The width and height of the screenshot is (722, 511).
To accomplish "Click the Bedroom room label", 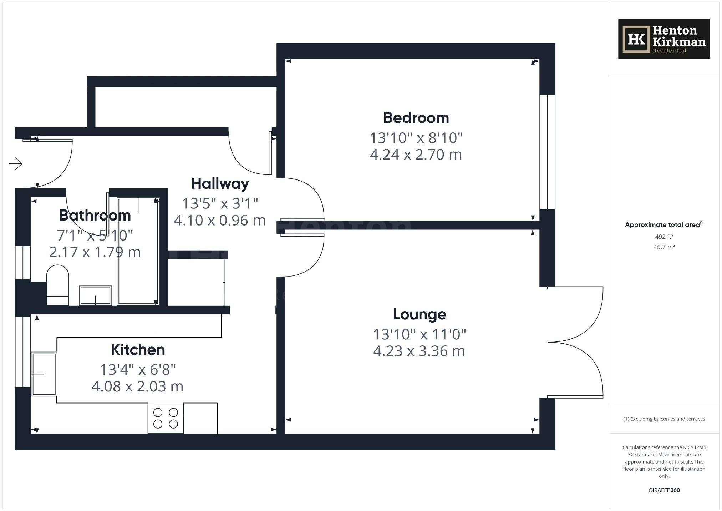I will tap(416, 118).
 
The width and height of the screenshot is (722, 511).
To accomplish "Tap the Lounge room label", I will tap(419, 314).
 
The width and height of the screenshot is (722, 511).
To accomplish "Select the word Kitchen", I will tap(138, 350).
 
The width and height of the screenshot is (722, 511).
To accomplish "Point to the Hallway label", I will tap(220, 184).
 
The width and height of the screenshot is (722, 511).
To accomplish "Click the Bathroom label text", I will tap(95, 216).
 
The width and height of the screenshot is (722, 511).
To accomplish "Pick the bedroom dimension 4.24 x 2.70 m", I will tap(416, 155).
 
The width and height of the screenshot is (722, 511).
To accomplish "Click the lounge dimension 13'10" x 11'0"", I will tap(419, 334).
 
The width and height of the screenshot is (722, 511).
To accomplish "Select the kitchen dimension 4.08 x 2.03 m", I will tap(137, 386).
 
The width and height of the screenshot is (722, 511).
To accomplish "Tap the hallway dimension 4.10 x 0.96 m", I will tap(220, 221).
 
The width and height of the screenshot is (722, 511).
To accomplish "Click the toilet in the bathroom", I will tap(57, 285).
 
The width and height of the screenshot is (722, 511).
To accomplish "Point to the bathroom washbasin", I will tap(95, 295).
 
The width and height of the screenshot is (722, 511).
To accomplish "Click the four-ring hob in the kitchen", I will tap(166, 418).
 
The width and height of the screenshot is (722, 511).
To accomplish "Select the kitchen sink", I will tap(44, 374).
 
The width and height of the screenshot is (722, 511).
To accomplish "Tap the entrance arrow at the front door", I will tap(16, 164).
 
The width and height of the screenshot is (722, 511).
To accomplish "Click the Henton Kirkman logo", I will tap(664, 39).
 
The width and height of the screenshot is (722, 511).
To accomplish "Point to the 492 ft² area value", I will tap(664, 237).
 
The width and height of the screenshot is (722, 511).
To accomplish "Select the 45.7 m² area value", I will tap(664, 247).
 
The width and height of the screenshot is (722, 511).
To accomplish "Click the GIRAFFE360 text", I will tap(664, 490).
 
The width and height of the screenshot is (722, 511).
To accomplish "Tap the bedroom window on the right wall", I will tap(547, 152).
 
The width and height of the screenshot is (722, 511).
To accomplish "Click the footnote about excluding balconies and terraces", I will tap(664, 419).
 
